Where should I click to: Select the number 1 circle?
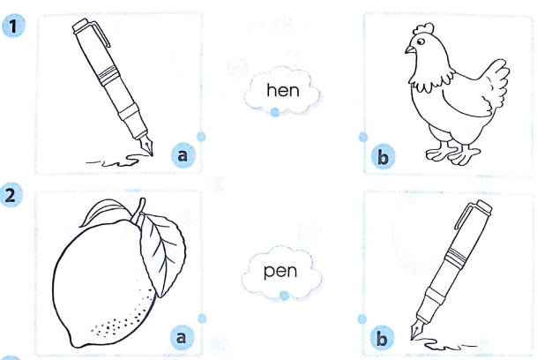(13, 26)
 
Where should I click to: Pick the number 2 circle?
(13, 195)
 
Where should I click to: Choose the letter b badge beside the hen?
(383, 157)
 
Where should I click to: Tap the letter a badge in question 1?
(183, 155)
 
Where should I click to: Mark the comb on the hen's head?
(421, 28)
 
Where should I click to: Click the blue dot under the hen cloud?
(275, 112)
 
